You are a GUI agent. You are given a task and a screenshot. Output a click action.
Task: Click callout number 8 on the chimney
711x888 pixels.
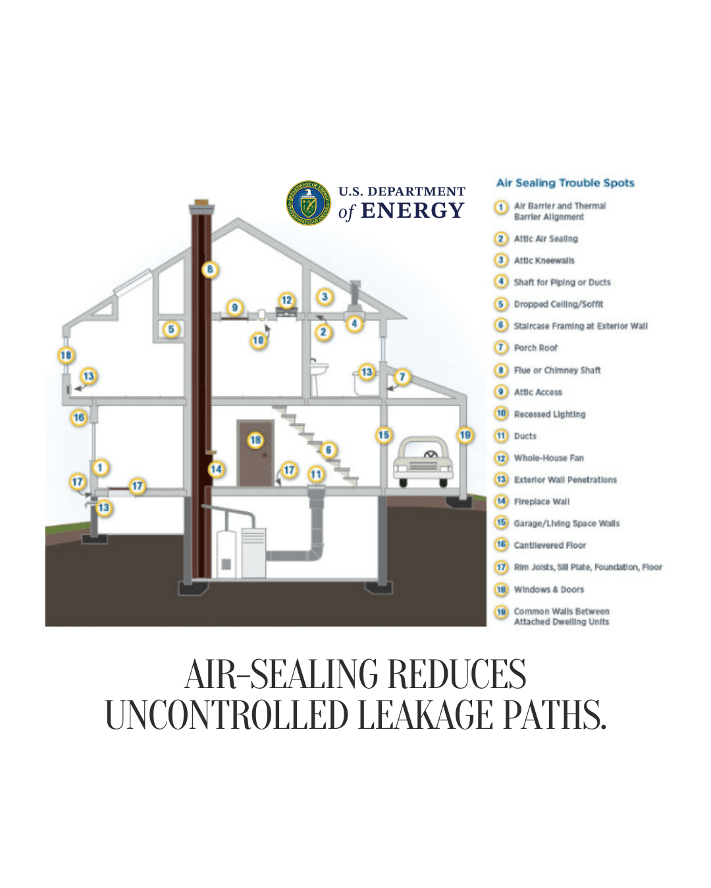[210, 269]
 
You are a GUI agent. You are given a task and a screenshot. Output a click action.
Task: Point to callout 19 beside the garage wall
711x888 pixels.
[465, 435]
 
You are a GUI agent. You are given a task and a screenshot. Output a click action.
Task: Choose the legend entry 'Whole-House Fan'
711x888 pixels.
[548, 458]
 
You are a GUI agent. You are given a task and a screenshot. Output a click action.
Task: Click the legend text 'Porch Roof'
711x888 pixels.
[535, 348]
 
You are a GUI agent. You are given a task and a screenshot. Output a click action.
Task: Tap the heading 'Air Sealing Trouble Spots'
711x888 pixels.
[565, 183]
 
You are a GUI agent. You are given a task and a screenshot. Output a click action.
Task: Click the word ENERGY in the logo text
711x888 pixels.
[413, 211]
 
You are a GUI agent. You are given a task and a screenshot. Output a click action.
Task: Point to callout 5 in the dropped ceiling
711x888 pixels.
[171, 329]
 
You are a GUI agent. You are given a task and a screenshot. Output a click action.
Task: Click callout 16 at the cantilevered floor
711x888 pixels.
[79, 417]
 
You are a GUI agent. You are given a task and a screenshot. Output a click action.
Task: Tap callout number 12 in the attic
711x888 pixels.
[286, 300]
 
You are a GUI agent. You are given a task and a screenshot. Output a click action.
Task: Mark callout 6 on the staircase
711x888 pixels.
[328, 450]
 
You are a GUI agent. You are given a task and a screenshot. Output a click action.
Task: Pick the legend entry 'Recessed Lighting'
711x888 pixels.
[549, 414]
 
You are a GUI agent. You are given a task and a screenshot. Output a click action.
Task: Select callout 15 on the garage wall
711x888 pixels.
[383, 435]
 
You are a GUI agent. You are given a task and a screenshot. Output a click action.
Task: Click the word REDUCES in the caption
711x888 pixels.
[456, 674]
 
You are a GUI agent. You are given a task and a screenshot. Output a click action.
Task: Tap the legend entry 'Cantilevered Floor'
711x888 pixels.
[550, 545]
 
